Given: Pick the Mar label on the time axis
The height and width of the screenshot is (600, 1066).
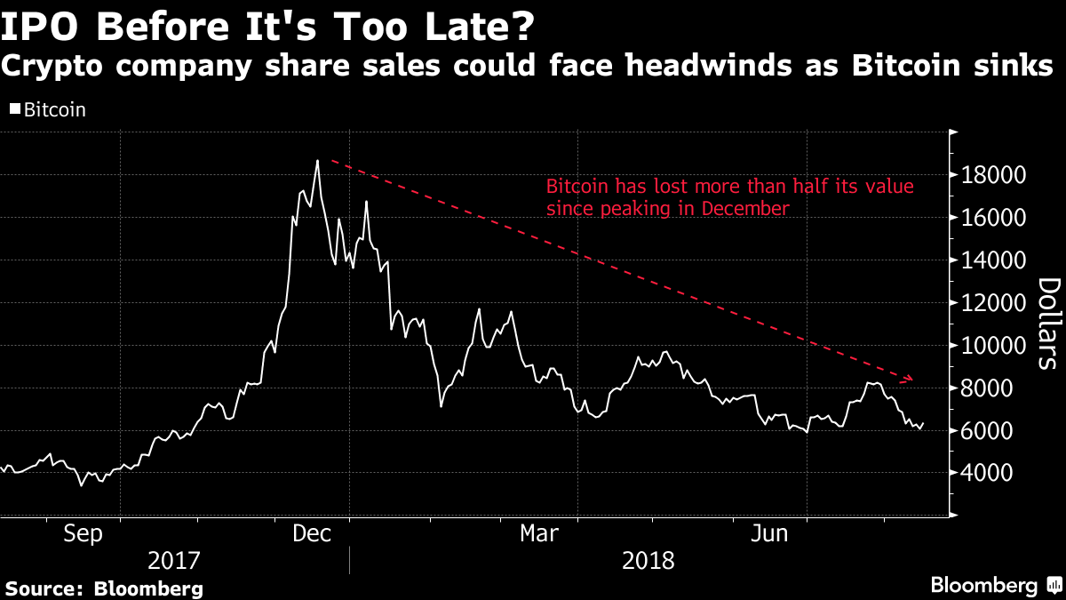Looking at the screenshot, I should point(538,534).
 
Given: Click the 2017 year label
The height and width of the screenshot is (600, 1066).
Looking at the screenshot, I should point(174,562).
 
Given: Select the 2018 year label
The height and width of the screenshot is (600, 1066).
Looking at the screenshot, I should point(648,562).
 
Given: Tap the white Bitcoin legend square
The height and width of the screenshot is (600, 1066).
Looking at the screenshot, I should point(14,110).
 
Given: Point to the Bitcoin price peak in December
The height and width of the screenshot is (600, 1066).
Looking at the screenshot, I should point(317,161).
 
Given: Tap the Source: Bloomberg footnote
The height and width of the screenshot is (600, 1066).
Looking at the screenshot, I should point(105,588).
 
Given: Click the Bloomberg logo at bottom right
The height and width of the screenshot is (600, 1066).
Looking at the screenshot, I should point(994,586).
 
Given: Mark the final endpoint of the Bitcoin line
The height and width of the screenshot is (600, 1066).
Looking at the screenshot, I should point(924,424).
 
